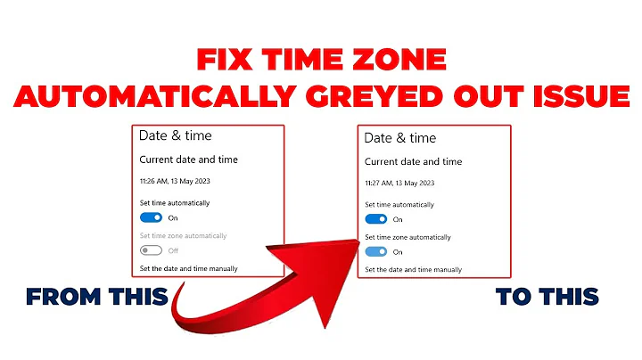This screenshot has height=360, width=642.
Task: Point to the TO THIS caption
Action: point(547,297)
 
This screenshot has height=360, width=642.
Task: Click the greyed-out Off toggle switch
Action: point(151,250)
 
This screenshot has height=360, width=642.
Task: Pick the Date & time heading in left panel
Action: point(176,136)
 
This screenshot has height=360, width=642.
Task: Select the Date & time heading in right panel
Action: point(400,138)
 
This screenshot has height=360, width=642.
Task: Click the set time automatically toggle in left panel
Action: point(151,217)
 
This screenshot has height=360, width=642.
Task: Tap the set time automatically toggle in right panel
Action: point(376,218)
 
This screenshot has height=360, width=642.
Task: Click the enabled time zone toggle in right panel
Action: point(376,251)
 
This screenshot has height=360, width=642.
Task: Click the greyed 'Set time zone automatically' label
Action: point(183,235)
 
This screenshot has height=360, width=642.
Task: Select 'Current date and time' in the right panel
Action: point(414,162)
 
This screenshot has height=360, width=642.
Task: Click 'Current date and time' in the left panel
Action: point(188,160)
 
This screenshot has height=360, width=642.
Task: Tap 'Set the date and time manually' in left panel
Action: point(189,268)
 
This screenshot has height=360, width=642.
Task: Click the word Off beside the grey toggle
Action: point(173,250)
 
